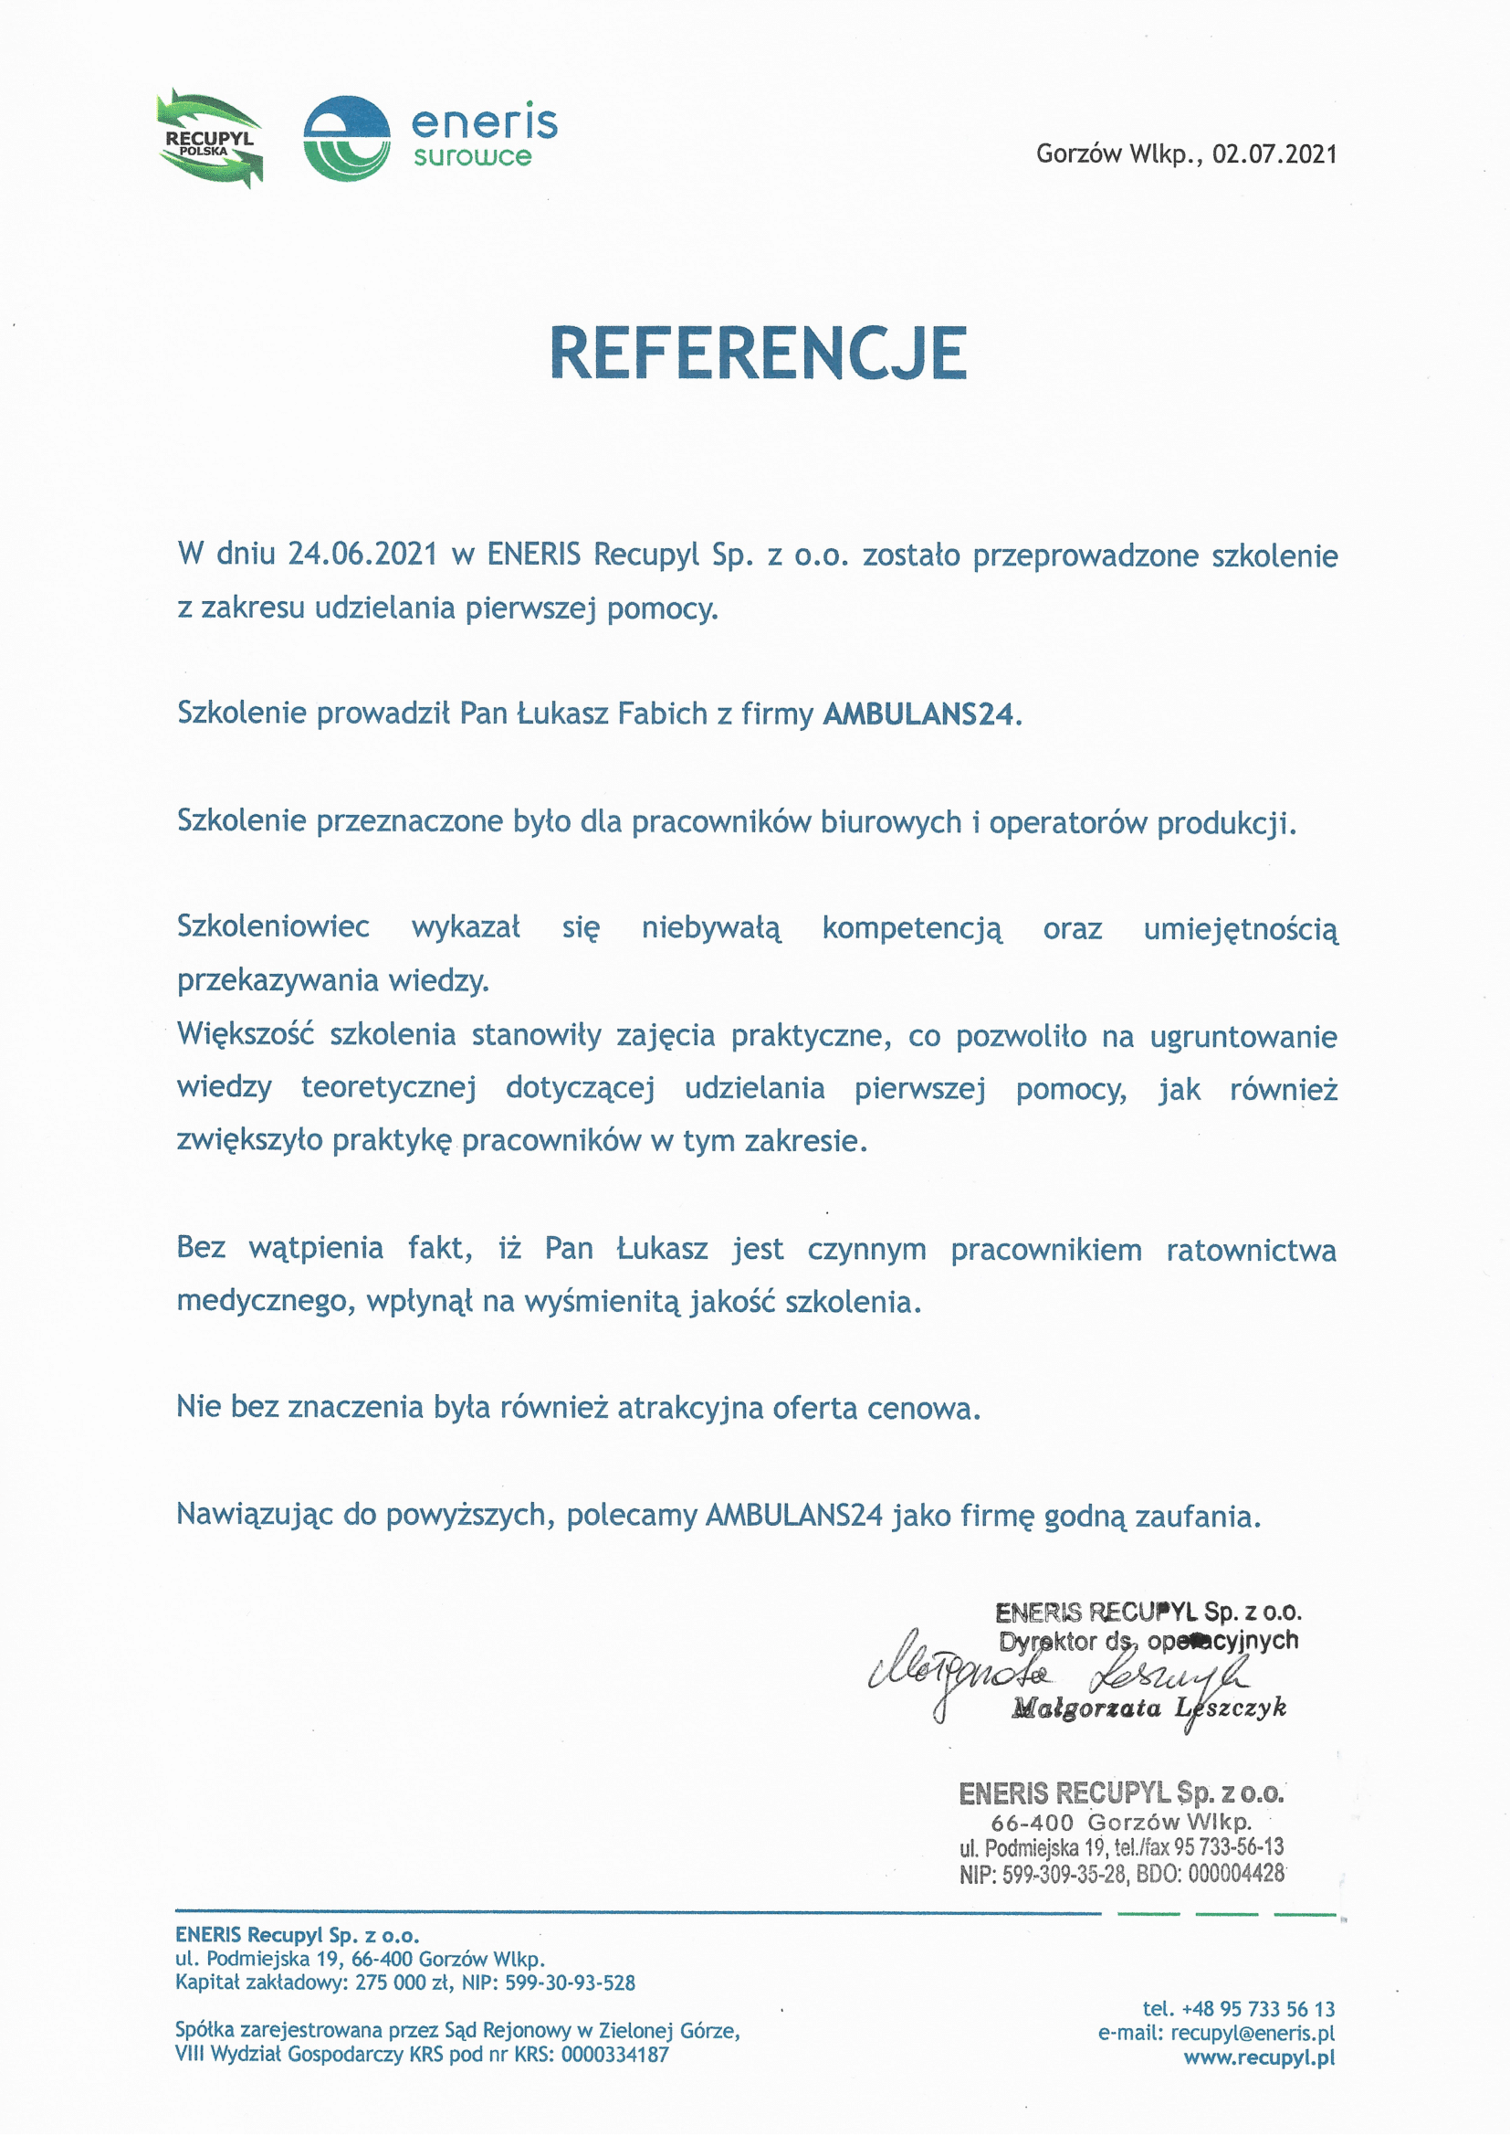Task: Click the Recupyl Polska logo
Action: tap(210, 139)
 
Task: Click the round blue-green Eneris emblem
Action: tap(346, 139)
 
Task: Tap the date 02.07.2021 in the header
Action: tap(1274, 153)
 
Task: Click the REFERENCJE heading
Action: tap(758, 354)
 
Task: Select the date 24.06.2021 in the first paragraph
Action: tap(362, 555)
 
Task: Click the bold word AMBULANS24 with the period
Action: tap(921, 714)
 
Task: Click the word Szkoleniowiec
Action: tap(273, 926)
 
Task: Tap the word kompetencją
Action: tap(912, 928)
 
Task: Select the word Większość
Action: tap(246, 1034)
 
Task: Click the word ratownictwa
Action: tap(1251, 1251)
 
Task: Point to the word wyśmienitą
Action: tap(603, 1302)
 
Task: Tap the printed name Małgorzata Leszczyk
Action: tap(1149, 1708)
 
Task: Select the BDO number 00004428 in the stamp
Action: tap(1236, 1873)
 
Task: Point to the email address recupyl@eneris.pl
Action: tap(1253, 2033)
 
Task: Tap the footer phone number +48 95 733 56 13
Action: tap(1258, 2008)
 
